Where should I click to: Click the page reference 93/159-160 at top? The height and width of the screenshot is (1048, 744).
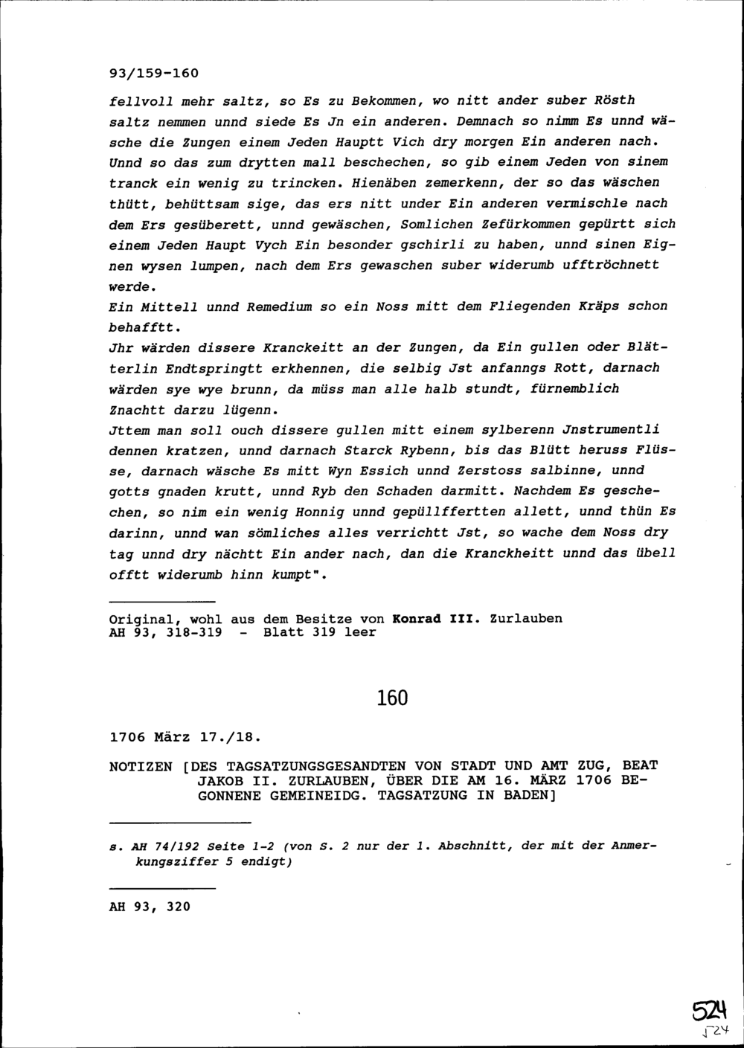click(154, 74)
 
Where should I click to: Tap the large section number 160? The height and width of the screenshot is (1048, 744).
click(392, 698)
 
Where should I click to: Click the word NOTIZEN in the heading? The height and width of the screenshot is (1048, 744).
click(141, 765)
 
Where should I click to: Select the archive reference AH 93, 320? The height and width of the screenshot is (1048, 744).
click(150, 907)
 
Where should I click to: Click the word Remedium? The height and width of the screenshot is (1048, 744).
click(278, 306)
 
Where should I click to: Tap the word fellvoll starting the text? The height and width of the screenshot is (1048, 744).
click(141, 100)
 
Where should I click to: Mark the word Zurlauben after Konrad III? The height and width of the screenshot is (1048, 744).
click(526, 618)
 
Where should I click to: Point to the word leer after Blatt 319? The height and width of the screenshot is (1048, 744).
click(360, 632)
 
